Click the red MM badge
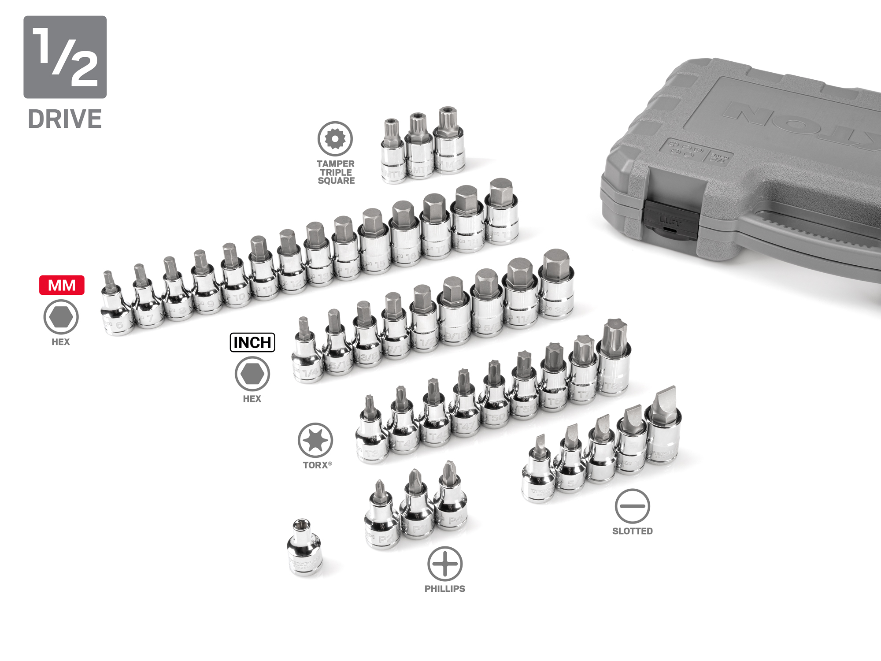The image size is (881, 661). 62,285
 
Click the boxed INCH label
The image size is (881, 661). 252,342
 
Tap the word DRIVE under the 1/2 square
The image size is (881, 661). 65,119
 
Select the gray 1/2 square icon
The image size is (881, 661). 65,57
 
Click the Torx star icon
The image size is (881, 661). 315,440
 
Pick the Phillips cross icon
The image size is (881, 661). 445,564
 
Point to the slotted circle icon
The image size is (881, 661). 632,506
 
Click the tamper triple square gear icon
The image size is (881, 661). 335,139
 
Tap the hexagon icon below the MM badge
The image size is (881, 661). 61,317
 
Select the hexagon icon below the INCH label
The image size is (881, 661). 252,374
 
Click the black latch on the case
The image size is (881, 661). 670,219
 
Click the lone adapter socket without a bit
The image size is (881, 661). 305,549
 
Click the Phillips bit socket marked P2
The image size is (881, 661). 381,520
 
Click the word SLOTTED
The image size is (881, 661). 632,531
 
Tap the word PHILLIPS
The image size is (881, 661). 445,589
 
